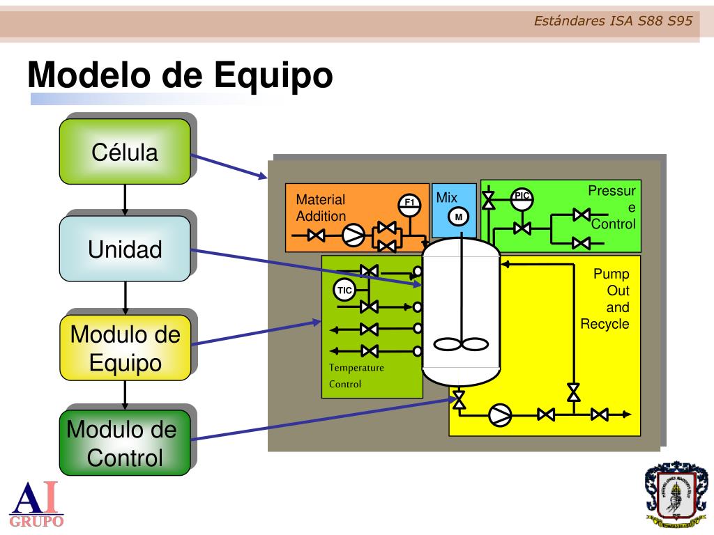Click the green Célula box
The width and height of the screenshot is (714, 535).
(125, 151)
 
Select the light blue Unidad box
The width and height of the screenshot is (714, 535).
(125, 248)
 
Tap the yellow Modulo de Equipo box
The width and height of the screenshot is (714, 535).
(125, 348)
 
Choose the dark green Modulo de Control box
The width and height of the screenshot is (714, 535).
(125, 443)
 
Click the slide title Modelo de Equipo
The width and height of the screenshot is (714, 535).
(180, 75)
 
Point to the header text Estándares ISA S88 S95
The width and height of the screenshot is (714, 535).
(613, 21)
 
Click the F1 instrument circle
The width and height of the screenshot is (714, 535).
(410, 203)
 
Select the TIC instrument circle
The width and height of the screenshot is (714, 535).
(344, 289)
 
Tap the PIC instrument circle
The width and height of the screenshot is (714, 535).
(522, 197)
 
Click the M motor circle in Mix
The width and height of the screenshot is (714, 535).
(459, 217)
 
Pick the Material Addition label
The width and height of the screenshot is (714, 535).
(321, 208)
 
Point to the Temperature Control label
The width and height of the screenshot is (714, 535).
(356, 375)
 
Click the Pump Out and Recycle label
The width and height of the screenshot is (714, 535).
(605, 299)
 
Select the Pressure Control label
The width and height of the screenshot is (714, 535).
(613, 208)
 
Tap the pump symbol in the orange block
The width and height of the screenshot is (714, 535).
(353, 236)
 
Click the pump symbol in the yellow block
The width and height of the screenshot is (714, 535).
(499, 414)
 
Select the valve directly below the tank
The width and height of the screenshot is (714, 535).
(459, 400)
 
